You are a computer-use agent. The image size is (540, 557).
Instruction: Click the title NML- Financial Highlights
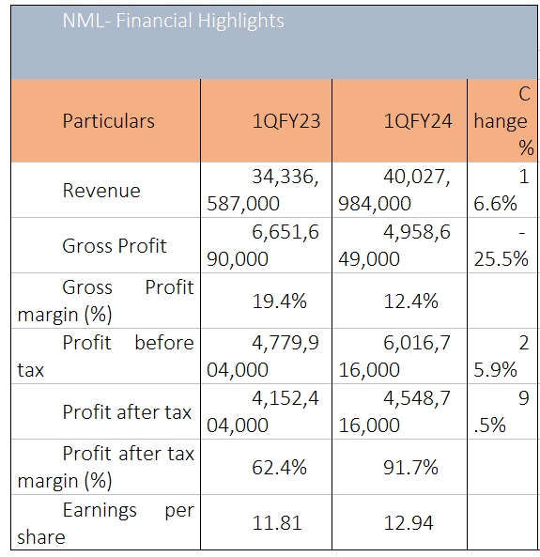[174, 21]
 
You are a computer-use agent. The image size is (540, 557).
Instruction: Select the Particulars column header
[109, 121]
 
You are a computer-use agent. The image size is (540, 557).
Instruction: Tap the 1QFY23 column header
[286, 121]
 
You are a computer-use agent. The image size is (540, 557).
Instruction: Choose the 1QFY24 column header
[418, 121]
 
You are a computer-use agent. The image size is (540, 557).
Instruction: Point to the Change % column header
[503, 121]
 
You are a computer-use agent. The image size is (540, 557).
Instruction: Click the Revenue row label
[101, 191]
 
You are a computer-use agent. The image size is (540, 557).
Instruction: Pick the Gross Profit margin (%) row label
[106, 302]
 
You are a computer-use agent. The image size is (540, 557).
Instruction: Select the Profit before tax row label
[106, 356]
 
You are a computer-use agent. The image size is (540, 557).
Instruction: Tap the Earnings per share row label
[106, 523]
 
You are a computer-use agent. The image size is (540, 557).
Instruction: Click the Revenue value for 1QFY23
[263, 191]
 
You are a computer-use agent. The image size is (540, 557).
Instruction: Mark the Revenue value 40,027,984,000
[394, 191]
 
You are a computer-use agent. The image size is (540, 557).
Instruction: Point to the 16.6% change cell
[501, 191]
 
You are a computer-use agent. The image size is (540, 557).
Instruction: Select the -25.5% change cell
[501, 246]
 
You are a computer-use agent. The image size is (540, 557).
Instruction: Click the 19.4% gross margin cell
[279, 302]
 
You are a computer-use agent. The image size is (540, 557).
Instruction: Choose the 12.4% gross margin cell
[411, 302]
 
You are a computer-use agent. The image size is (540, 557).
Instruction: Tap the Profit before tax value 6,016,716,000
[394, 356]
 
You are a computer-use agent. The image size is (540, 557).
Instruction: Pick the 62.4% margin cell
[279, 468]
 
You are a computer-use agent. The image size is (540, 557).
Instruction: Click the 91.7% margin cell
[411, 468]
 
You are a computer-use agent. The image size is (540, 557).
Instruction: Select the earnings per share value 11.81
[277, 523]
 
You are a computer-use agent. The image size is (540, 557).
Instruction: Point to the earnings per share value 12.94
[409, 523]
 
